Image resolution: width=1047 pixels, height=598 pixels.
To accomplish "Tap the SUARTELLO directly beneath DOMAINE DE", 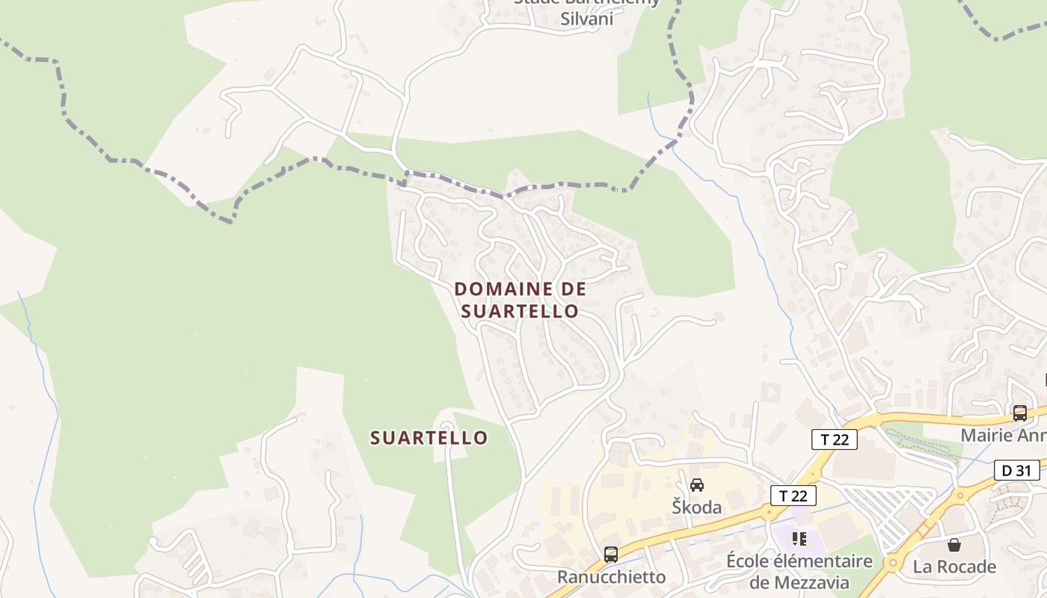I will (520, 311).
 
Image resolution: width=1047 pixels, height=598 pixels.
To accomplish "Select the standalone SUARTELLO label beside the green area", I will (429, 437).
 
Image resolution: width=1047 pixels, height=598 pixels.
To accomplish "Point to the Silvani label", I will (587, 19).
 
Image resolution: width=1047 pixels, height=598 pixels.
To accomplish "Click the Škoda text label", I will (696, 508).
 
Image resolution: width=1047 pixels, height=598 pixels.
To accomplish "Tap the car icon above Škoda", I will (697, 485).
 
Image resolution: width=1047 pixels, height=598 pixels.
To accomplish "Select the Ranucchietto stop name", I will (611, 577).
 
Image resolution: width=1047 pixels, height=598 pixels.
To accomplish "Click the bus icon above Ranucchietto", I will (611, 555).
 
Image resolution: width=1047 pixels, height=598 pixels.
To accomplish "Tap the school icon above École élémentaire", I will (799, 538).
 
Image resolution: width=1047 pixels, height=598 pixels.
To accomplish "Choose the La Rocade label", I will (954, 567).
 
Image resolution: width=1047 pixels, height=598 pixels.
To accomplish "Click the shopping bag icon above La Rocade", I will (954, 545).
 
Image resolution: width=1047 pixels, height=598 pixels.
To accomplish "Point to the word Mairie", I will (985, 435).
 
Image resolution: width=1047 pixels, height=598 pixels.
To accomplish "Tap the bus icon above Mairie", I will (1019, 413).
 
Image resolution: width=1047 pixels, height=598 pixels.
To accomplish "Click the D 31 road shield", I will (1017, 470).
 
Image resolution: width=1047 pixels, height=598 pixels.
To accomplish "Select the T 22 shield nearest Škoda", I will (793, 495).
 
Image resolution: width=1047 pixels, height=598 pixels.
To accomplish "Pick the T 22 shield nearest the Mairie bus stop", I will (835, 439).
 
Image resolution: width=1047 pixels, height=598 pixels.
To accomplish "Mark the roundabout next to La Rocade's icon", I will (891, 563).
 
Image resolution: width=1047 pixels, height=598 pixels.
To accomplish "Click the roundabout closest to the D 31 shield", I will (960, 494).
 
